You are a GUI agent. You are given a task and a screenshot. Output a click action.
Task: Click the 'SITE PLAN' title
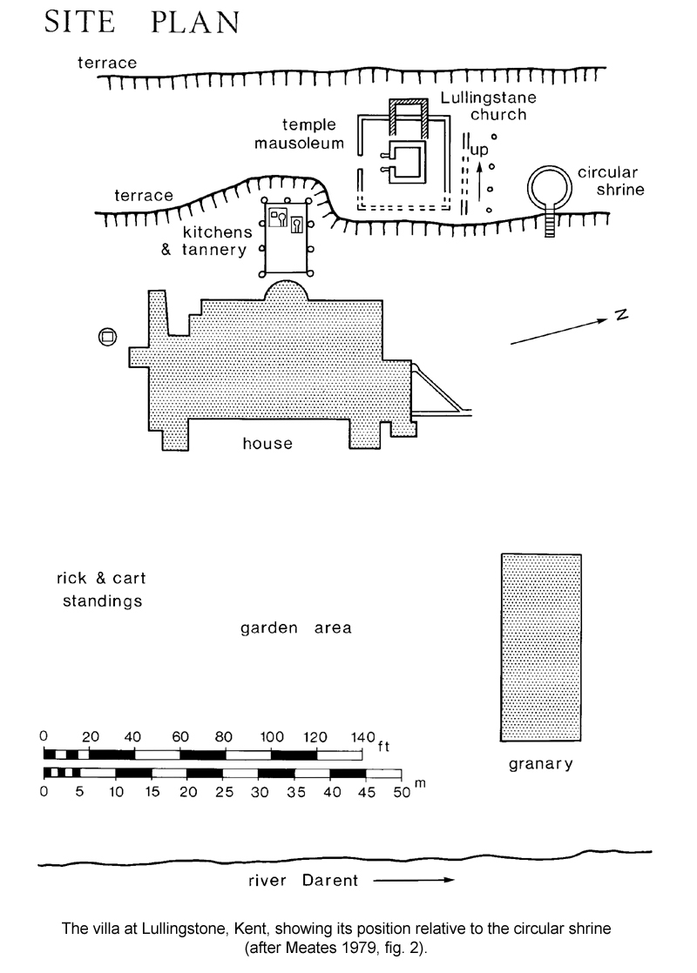142,23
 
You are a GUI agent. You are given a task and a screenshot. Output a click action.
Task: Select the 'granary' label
540,764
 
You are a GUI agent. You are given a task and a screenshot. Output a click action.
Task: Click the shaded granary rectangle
541,648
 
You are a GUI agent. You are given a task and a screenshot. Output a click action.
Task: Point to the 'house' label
267,443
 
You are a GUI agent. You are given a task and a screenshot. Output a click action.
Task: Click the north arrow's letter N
622,314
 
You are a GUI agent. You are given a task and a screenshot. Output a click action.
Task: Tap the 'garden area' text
295,628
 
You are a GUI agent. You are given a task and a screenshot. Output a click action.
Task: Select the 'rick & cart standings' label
101,589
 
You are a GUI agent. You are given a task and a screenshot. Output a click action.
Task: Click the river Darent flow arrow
414,879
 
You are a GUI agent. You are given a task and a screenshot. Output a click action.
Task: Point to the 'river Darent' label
303,880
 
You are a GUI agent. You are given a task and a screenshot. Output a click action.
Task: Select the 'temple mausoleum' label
300,133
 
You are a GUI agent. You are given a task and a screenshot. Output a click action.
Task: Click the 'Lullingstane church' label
489,106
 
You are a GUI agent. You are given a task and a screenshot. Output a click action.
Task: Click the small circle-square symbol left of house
107,336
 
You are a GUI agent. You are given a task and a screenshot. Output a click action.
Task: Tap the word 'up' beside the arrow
479,150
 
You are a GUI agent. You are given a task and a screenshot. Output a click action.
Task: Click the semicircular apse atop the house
286,291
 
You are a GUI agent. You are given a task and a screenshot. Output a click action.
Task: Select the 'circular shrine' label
611,180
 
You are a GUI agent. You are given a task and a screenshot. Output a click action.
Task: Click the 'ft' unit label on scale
383,746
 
